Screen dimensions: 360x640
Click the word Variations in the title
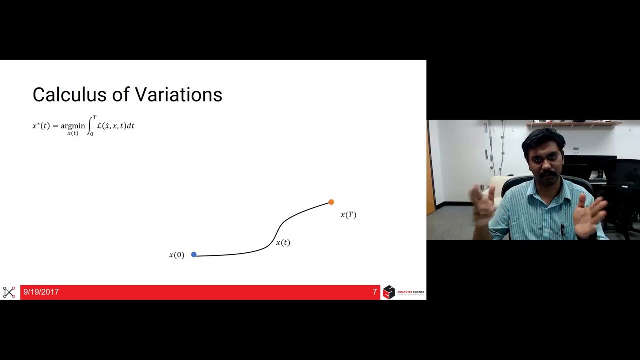click(x=178, y=94)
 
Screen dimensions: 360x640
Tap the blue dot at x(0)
click(x=194, y=255)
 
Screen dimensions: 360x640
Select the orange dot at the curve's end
click(x=331, y=202)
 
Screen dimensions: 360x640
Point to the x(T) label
click(x=348, y=215)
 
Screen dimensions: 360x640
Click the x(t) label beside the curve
click(x=283, y=243)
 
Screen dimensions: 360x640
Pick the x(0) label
click(x=176, y=255)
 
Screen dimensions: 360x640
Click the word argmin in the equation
click(x=73, y=126)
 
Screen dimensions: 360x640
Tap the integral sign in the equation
click(x=90, y=126)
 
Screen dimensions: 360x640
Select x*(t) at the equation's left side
click(x=41, y=126)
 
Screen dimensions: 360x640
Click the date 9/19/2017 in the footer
click(x=41, y=292)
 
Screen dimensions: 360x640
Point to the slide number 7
click(x=375, y=292)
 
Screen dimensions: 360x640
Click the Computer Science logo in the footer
click(x=403, y=292)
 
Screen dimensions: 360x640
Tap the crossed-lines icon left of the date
click(x=9, y=292)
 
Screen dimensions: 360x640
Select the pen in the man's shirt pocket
click(x=562, y=230)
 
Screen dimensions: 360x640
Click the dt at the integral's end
click(x=130, y=126)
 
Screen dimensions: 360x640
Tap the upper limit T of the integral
click(x=94, y=118)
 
